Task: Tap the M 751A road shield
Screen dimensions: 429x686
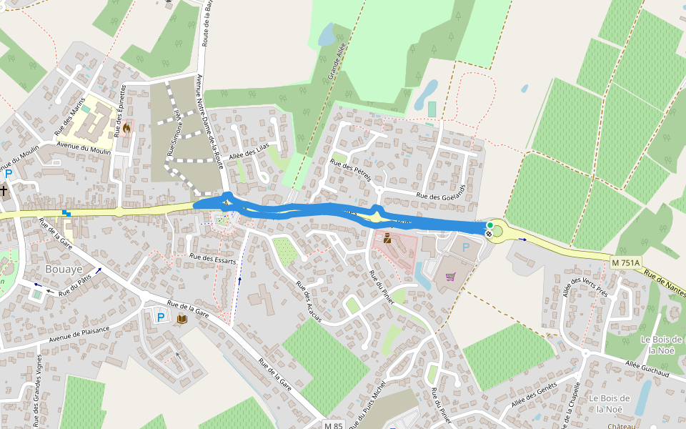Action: [x=626, y=263]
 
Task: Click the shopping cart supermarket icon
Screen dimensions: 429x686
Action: [x=450, y=277]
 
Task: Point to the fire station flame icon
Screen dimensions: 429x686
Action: [x=126, y=128]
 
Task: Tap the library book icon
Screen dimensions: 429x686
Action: [x=182, y=317]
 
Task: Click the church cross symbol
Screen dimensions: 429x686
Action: [x=4, y=191]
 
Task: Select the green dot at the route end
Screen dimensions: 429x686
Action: [x=490, y=226]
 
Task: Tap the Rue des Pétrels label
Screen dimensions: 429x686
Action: [x=350, y=170]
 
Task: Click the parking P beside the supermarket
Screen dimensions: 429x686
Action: [x=466, y=247]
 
